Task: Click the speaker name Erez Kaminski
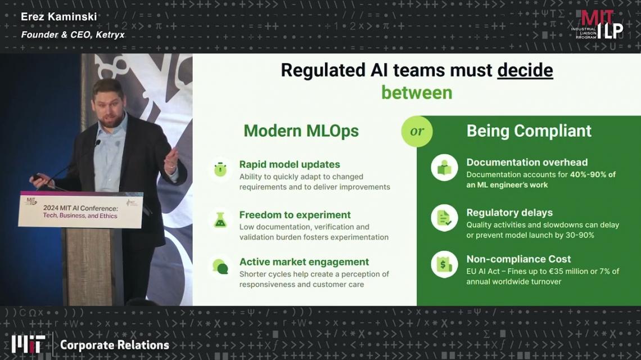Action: click(59, 17)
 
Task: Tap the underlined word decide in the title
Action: click(525, 70)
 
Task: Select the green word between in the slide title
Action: click(417, 92)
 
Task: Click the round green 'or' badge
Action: click(417, 131)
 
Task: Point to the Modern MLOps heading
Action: click(301, 131)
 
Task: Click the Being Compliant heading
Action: click(529, 131)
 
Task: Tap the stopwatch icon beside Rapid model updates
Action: click(220, 169)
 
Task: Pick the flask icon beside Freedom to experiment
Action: click(220, 220)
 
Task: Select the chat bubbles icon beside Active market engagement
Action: click(220, 267)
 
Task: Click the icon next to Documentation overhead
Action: click(444, 167)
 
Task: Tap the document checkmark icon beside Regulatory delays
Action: click(444, 218)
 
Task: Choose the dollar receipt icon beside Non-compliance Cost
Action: click(444, 264)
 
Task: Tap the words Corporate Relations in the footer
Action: click(115, 345)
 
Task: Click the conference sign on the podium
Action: click(80, 209)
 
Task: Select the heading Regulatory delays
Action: click(509, 213)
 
